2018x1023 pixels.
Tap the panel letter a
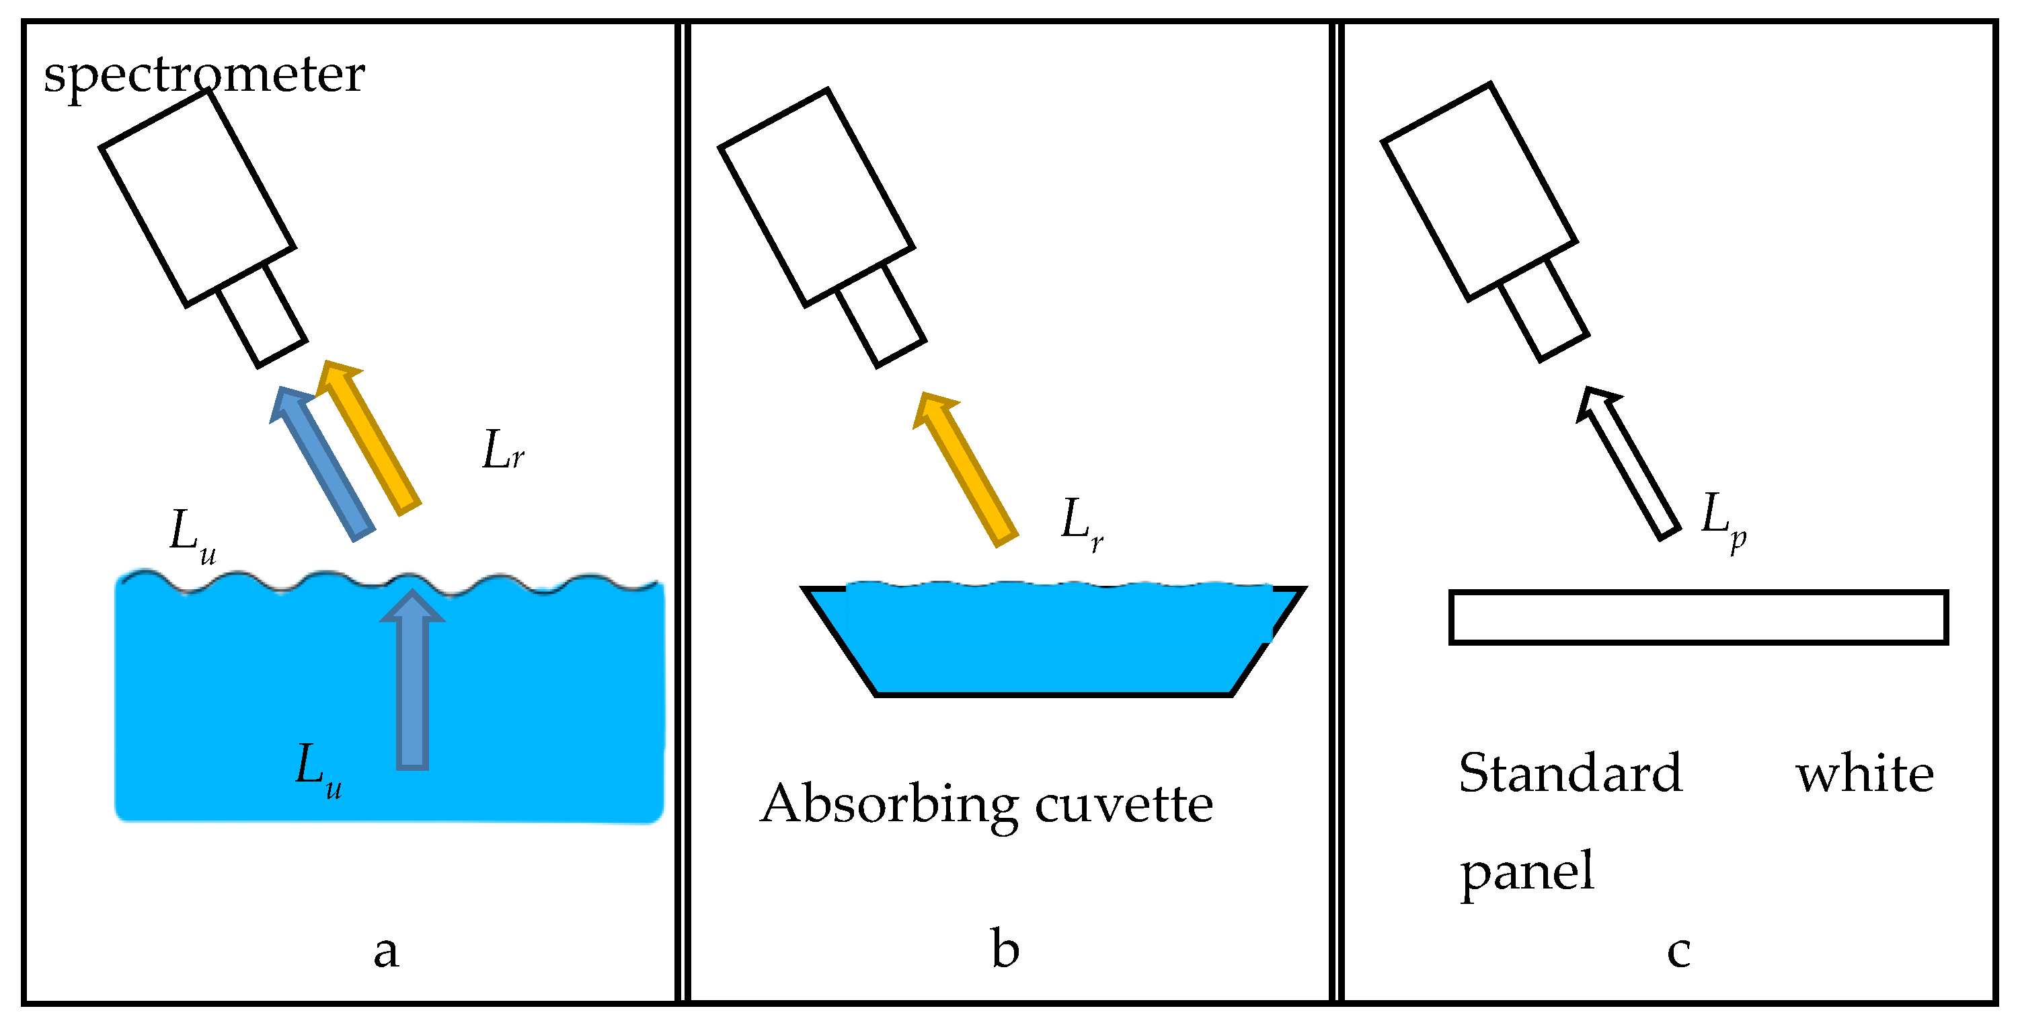tap(386, 951)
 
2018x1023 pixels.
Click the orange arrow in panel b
tap(966, 470)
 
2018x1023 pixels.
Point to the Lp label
tap(1723, 519)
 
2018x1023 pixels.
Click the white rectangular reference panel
tap(1699, 618)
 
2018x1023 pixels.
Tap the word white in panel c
tap(1865, 775)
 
